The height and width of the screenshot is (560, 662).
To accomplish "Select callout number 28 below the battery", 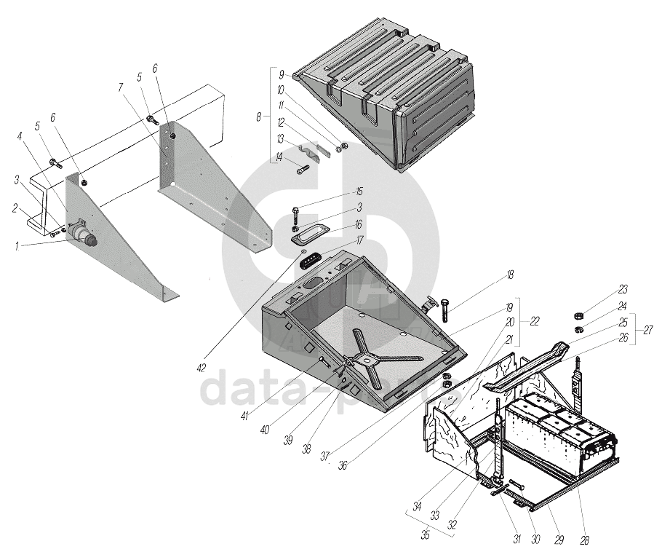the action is (x=584, y=540).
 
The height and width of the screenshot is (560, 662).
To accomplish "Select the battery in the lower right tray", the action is (x=560, y=433).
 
